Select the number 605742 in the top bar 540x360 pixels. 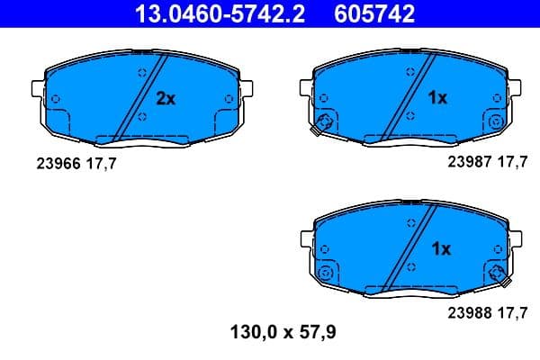point(376,13)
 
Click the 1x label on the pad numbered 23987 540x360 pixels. point(436,98)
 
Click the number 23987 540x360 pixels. point(468,163)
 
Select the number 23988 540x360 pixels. point(468,314)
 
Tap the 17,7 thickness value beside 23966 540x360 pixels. point(100,163)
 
